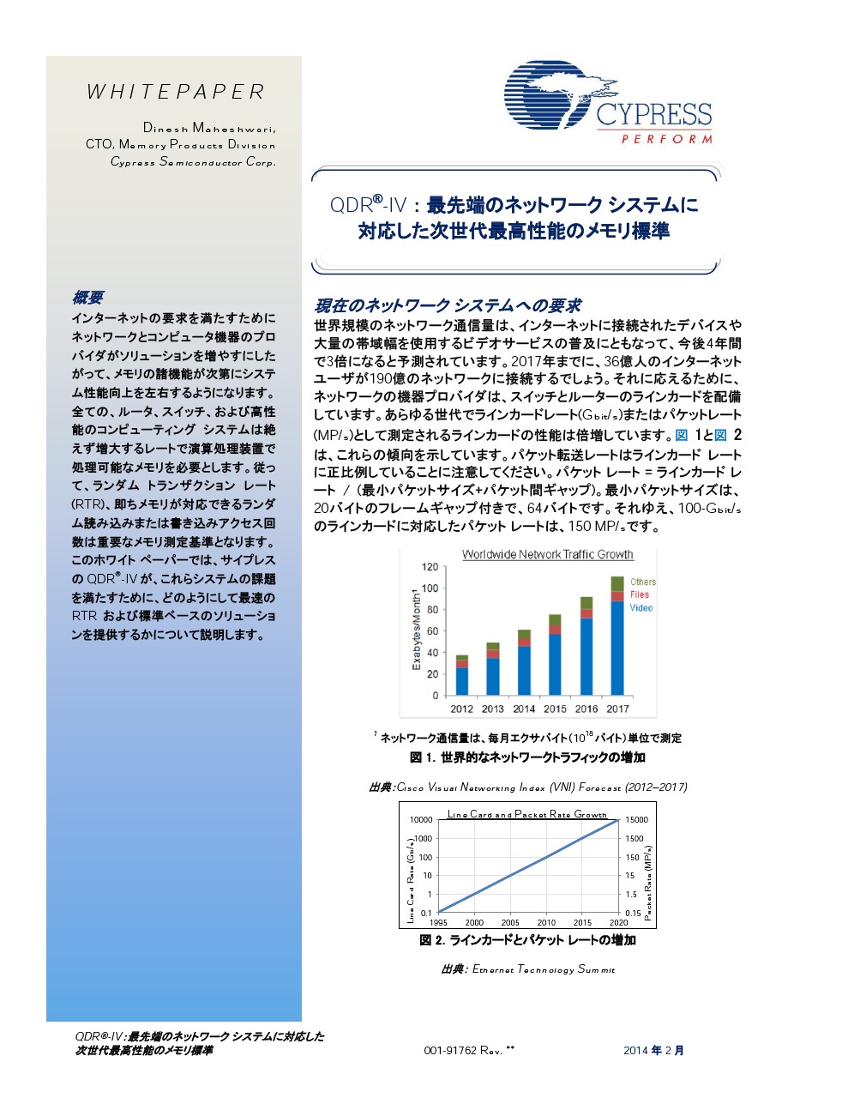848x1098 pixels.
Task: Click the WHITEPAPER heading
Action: [176, 92]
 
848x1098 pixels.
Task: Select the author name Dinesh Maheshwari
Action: [208, 128]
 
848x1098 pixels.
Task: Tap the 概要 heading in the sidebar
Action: [87, 298]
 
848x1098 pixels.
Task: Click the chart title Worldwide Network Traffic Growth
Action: [547, 554]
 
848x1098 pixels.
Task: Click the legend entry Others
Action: [642, 582]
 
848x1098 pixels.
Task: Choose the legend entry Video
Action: [641, 607]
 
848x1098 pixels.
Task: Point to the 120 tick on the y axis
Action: [430, 567]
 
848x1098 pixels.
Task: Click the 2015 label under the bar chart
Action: [555, 709]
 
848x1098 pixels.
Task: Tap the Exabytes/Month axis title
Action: [417, 630]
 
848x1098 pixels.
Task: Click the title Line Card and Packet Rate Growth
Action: [526, 814]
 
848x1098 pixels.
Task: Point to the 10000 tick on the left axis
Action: [420, 820]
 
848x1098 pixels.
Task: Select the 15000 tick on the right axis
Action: [636, 820]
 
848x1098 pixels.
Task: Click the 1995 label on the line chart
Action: [438, 922]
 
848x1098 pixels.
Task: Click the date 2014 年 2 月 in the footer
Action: [653, 1050]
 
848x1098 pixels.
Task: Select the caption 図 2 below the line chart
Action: [527, 940]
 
